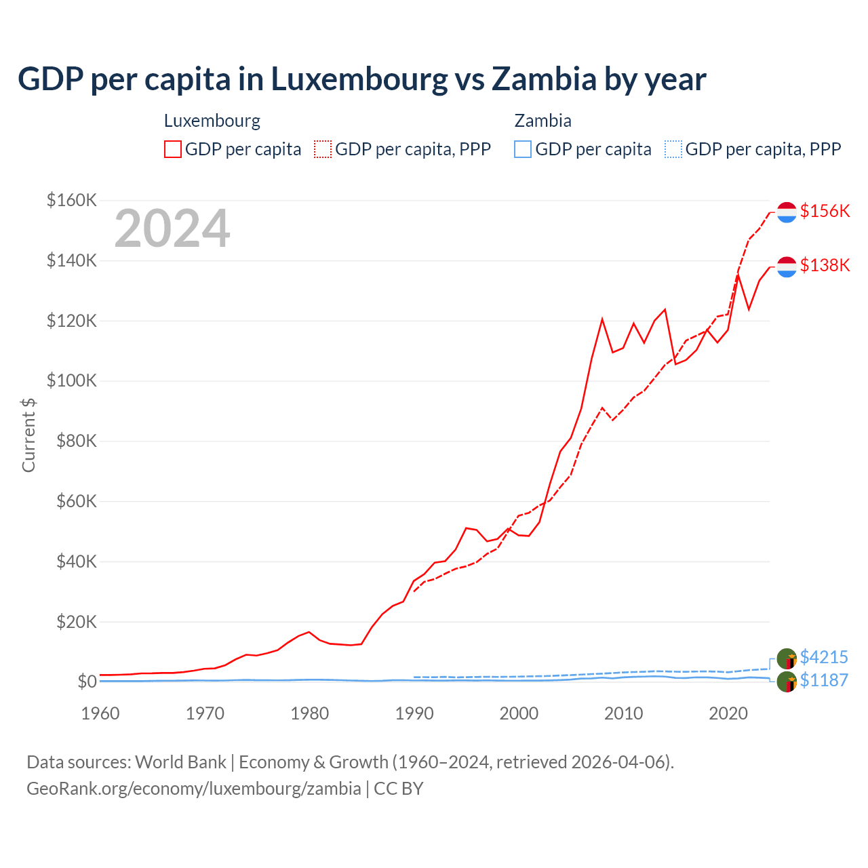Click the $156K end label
point(825,211)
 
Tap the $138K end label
point(825,265)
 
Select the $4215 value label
point(824,657)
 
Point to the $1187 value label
point(824,680)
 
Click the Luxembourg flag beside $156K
point(787,212)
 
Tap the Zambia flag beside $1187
point(787,682)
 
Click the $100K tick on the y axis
point(72,380)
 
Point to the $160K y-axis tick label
point(72,200)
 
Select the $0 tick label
point(87,682)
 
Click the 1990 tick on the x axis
point(414,713)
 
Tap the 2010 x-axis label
point(623,713)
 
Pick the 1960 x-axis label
point(100,713)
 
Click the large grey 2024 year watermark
point(172,229)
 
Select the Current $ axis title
point(28,435)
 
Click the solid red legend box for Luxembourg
point(173,149)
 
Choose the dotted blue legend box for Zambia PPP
point(673,149)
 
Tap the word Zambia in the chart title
point(544,79)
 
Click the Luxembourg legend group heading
point(212,121)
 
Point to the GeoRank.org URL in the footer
point(194,789)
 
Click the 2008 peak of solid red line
point(602,319)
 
